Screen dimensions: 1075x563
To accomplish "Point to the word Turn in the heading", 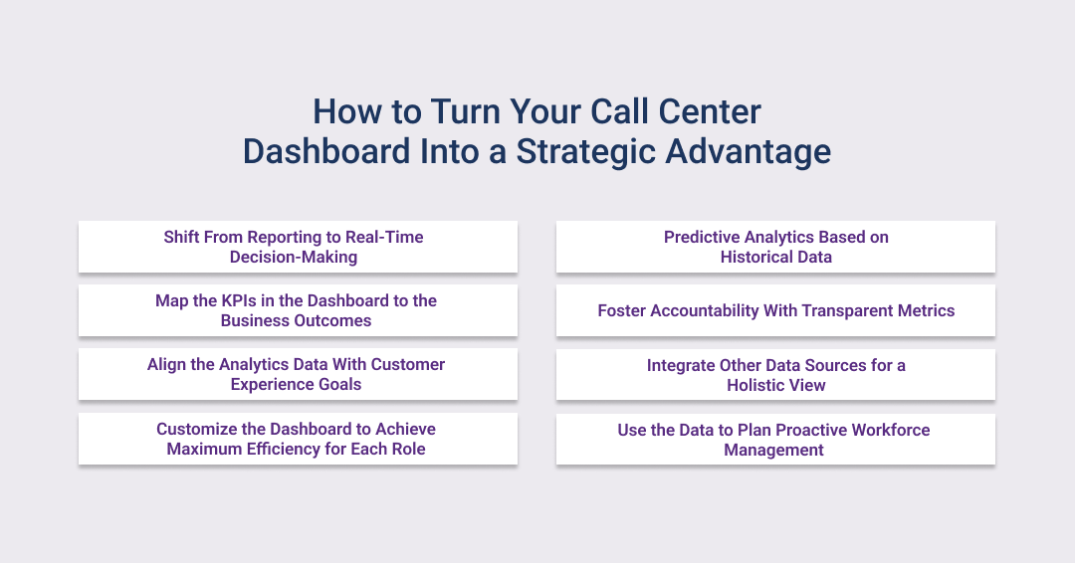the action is point(466,111).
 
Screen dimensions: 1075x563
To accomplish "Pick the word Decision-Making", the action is point(294,257).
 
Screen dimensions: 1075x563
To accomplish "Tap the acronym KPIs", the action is point(241,300).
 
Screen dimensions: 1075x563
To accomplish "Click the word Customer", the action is point(408,364).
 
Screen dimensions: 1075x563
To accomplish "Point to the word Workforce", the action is point(891,430).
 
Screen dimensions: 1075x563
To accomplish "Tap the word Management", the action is point(774,450).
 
